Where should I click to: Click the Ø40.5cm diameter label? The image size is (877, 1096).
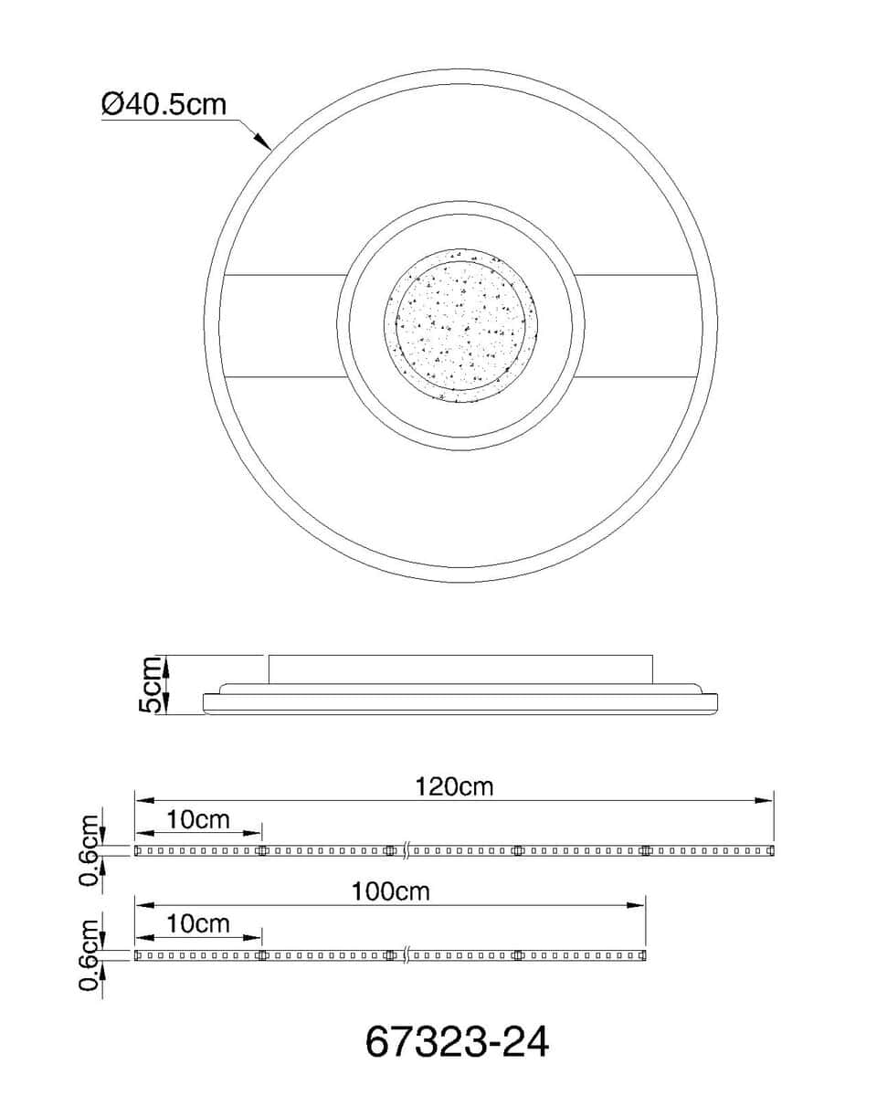pyautogui.click(x=164, y=104)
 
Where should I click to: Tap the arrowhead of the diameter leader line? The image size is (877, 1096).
pyautogui.click(x=263, y=142)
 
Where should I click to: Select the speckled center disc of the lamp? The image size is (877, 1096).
pyautogui.click(x=460, y=325)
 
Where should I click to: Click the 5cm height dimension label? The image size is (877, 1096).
pyautogui.click(x=151, y=684)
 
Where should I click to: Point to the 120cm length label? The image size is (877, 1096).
pyautogui.click(x=454, y=787)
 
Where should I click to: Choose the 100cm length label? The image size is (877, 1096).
pyautogui.click(x=390, y=891)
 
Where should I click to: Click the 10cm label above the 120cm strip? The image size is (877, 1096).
pyautogui.click(x=198, y=820)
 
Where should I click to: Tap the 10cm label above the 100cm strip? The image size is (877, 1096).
pyautogui.click(x=198, y=924)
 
